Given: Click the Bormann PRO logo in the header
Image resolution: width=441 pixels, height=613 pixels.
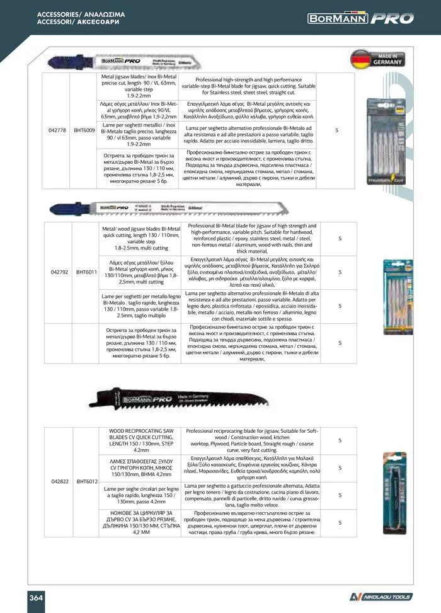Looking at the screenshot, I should [360, 18].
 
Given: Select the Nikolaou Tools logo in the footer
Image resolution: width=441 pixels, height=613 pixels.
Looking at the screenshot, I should [381, 597].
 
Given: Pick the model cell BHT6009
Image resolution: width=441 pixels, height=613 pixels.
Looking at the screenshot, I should [86, 130].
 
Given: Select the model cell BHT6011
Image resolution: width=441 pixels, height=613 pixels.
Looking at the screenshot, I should [86, 273].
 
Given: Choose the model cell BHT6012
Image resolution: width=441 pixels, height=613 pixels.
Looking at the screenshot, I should [86, 481].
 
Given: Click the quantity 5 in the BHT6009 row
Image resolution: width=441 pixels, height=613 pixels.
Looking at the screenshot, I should [337, 130].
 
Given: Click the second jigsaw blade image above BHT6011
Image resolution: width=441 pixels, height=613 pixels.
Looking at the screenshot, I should [126, 207].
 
